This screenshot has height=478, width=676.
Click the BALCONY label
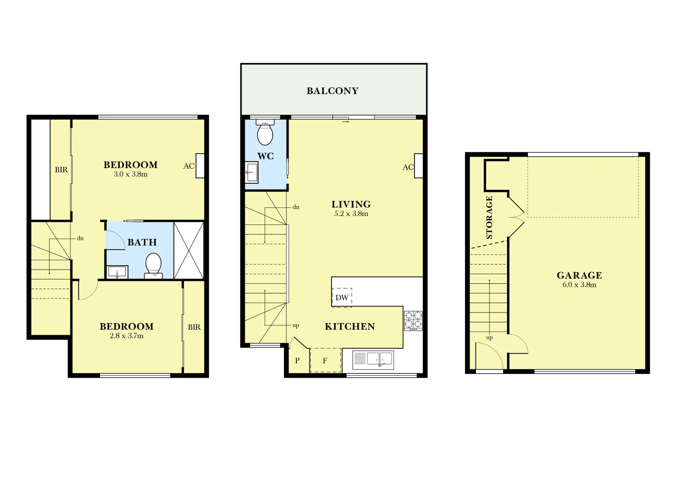tap(332, 91)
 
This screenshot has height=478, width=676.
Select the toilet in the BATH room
tap(153, 265)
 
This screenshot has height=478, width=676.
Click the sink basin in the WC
tap(252, 172)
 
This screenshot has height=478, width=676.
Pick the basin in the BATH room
tap(117, 272)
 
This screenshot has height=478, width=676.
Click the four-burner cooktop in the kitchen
tap(413, 320)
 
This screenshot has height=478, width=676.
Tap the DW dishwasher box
tap(342, 297)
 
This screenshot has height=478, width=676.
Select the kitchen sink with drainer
tap(373, 360)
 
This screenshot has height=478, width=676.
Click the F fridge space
tap(325, 360)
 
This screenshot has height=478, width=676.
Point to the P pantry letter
tap(297, 360)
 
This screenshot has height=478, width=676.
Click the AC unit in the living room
tap(418, 166)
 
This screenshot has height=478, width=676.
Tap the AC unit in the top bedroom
tap(200, 166)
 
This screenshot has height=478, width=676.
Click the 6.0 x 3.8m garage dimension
tap(579, 285)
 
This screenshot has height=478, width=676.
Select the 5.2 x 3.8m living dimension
tap(351, 214)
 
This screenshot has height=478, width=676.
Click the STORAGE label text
tap(489, 217)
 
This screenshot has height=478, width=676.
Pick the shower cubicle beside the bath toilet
tap(189, 250)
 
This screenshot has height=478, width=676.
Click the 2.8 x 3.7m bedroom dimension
tap(127, 336)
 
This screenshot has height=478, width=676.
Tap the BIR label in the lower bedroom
tap(194, 327)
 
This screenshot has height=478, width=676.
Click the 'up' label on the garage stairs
tap(489, 338)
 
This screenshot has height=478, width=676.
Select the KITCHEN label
tap(350, 327)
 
